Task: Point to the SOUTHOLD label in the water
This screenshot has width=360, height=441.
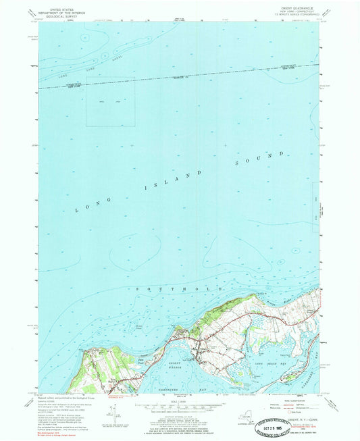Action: point(180,271)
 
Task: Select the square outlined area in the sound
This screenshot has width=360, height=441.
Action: point(110,101)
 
